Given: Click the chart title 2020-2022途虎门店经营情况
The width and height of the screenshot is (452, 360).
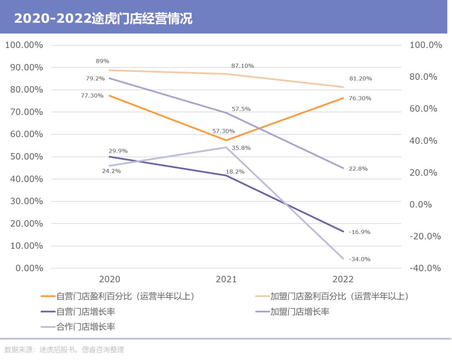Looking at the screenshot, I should click(103, 19).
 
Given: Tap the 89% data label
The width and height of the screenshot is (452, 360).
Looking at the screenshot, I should click(103, 61).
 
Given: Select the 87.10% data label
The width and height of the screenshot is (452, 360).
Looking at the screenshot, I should click(242, 66).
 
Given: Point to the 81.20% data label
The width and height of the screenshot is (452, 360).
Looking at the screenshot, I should click(360, 78).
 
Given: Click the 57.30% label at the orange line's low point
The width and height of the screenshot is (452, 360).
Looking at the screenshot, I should click(223, 131).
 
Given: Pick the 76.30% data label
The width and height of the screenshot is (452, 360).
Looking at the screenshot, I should click(360, 98).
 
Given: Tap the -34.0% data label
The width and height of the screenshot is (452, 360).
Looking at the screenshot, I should click(359, 259).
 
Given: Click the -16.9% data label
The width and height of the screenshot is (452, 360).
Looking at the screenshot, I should click(359, 232).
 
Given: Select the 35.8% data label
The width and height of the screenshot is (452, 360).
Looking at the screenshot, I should click(241, 148).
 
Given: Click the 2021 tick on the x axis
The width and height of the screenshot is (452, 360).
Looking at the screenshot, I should click(226, 279).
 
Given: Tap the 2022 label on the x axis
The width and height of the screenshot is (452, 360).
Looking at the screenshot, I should click(343, 279).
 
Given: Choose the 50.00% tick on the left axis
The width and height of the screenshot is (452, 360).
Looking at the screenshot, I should click(24, 157).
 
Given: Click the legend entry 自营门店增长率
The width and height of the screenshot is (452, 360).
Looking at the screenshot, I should click(86, 311).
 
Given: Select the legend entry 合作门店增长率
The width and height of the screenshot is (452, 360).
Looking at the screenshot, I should click(86, 327).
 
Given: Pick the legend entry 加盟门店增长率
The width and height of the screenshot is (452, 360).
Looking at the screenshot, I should click(300, 311).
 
